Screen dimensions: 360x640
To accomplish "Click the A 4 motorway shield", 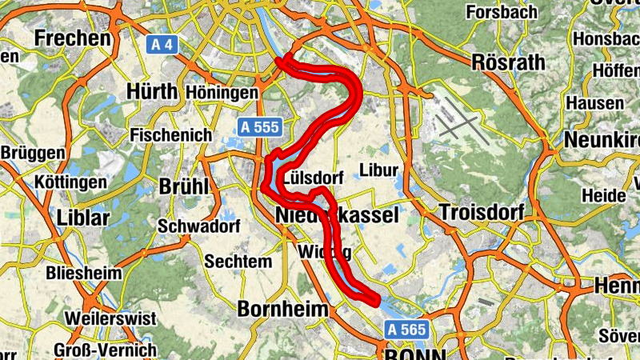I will click(x=163, y=45).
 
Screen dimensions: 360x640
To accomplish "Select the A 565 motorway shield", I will click(x=407, y=329).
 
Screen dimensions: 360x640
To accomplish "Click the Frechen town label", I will click(x=72, y=38).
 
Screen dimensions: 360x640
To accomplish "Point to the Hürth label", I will click(x=151, y=91).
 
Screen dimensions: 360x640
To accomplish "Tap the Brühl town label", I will click(x=184, y=186).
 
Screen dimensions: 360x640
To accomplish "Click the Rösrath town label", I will click(x=509, y=62).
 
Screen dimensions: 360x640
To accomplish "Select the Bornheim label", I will click(x=283, y=309).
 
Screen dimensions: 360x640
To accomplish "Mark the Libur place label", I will click(x=379, y=170).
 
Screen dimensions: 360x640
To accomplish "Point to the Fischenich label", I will click(x=172, y=135).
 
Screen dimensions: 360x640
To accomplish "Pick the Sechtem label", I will click(x=238, y=262).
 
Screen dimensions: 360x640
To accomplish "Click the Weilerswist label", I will click(x=110, y=318).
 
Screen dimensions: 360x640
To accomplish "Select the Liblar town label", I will click(x=85, y=217).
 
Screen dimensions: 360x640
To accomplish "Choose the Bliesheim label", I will click(x=84, y=273).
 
